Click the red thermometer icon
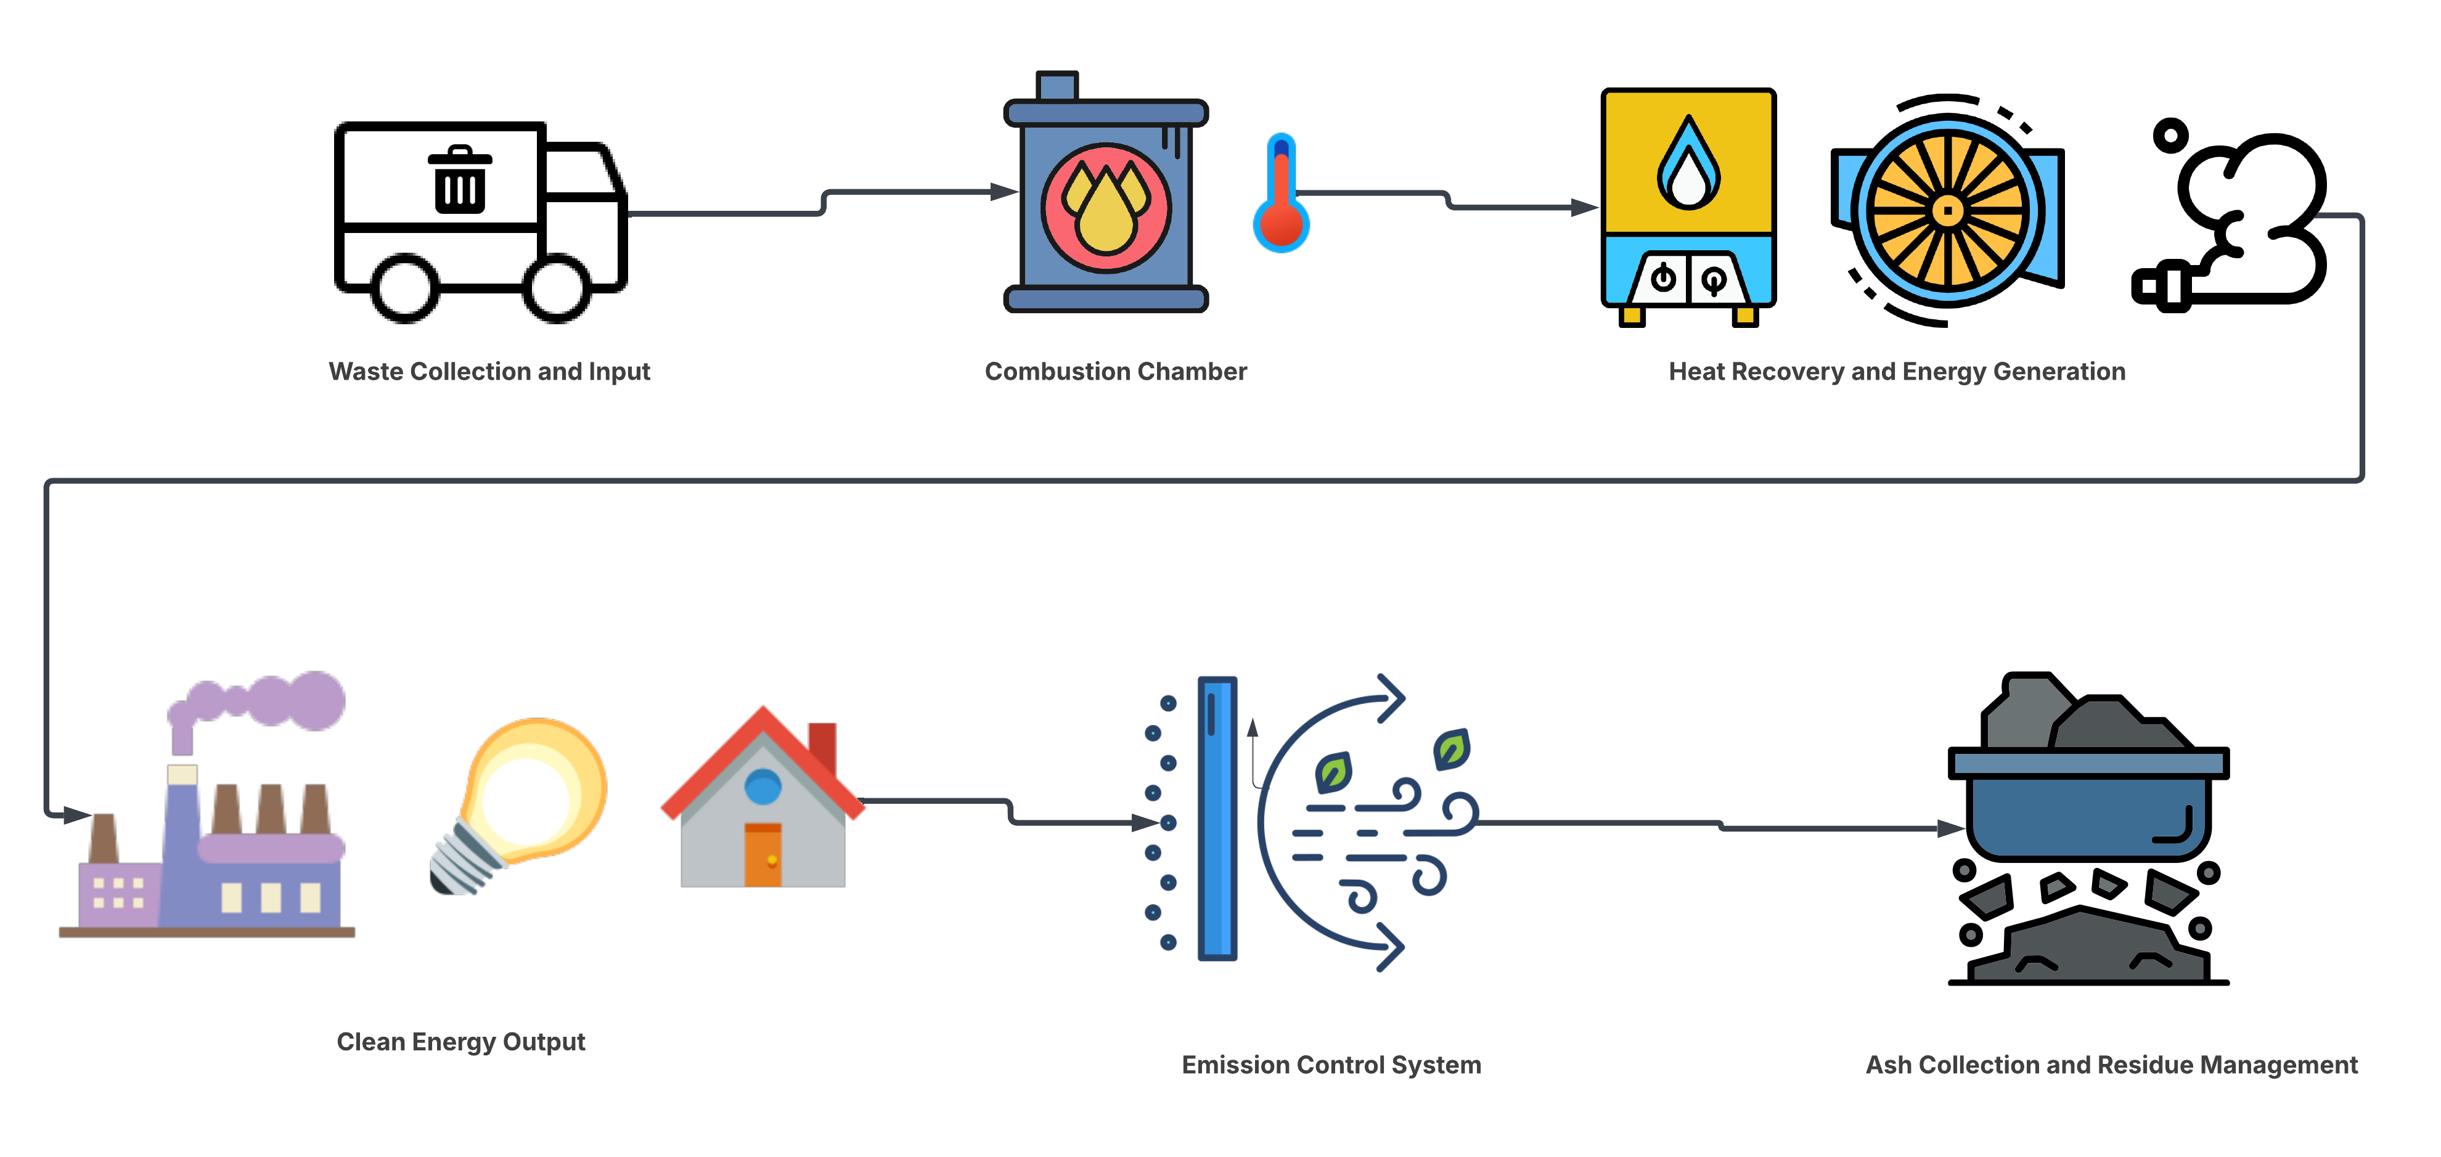[x=1281, y=194]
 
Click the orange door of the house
[x=763, y=855]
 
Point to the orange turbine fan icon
[x=1947, y=210]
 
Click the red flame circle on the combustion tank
[x=1106, y=208]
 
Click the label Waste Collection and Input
[x=489, y=372]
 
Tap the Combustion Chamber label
[x=1115, y=372]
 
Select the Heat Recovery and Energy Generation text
[x=1897, y=372]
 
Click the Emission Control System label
[x=1330, y=1065]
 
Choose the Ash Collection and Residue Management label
[x=2111, y=1065]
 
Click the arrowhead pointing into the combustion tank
[x=1007, y=192]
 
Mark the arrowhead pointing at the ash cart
[x=1954, y=828]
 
